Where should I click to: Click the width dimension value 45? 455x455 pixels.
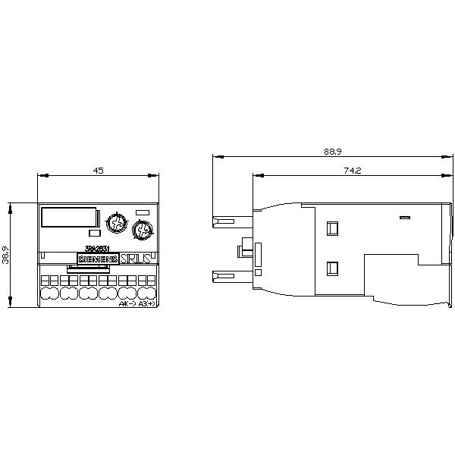(x=98, y=171)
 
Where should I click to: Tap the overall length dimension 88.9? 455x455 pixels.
(x=332, y=152)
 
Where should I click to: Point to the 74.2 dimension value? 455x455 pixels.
(x=351, y=171)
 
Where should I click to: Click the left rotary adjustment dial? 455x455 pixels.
(x=116, y=223)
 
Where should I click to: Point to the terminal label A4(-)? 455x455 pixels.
(x=127, y=304)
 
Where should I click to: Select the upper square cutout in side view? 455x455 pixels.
(x=331, y=227)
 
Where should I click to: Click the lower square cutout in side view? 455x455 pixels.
(x=331, y=267)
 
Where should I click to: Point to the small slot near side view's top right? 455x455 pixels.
(x=404, y=218)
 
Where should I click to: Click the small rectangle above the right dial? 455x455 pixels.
(x=141, y=212)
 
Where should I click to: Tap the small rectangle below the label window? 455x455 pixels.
(x=93, y=234)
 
